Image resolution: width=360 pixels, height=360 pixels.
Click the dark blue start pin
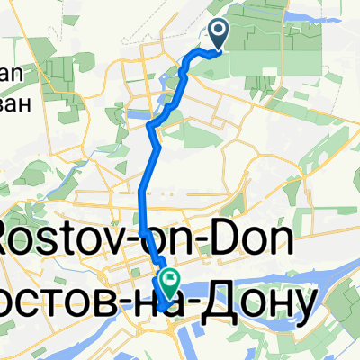coord(220,33)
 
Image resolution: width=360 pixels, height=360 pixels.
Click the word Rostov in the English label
coord(67,242)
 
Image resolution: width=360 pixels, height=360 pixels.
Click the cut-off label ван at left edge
coord(16,103)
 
